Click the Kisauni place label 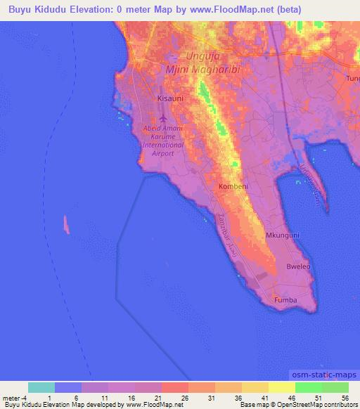(169, 99)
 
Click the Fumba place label (285, 300)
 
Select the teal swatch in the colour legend (41, 387)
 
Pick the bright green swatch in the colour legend (308, 387)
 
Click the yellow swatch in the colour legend (255, 387)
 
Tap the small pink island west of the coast (67, 225)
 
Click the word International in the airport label (163, 145)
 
